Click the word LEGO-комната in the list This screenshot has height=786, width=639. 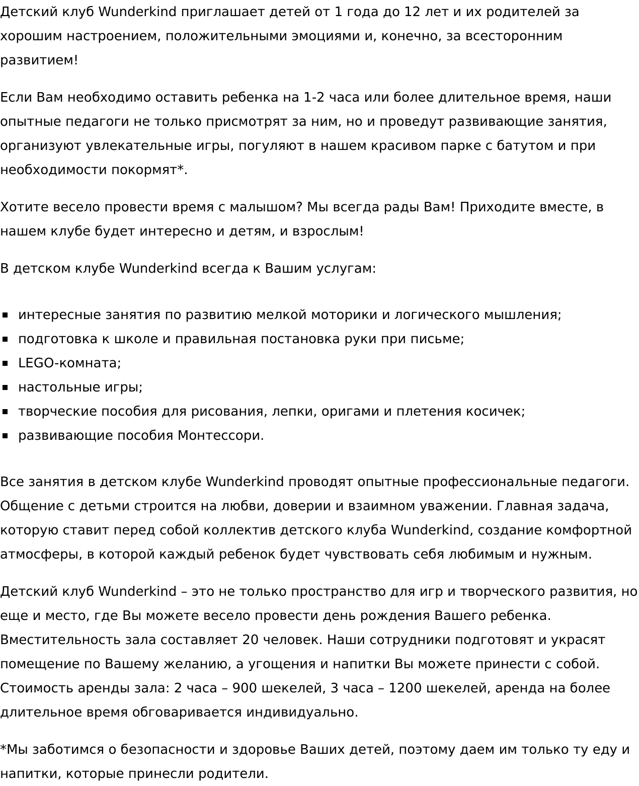[x=69, y=363]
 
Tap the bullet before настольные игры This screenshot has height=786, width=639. [x=6, y=387]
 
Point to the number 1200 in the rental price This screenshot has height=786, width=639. [x=405, y=688]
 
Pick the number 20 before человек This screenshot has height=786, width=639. [x=250, y=640]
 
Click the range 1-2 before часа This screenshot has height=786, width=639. [x=314, y=97]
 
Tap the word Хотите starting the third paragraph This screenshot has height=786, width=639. [x=24, y=207]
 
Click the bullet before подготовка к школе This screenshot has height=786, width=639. [x=6, y=339]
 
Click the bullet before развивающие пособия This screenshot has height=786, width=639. [x=6, y=435]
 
